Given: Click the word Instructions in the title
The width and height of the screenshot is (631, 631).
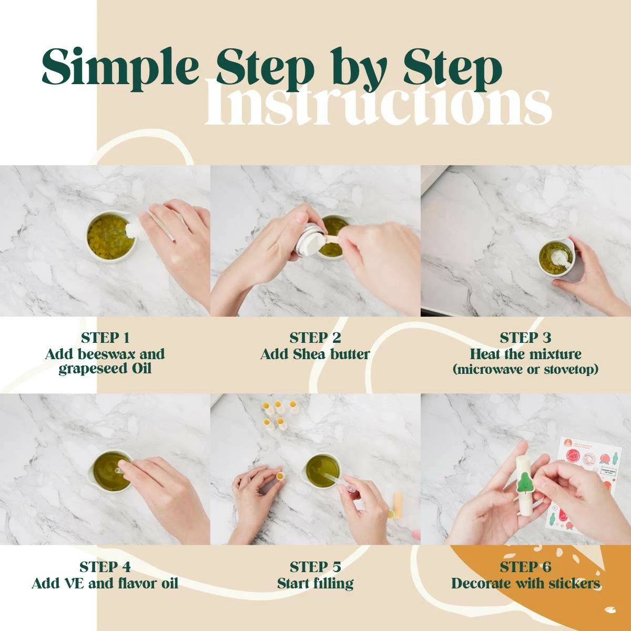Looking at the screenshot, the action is point(378,103).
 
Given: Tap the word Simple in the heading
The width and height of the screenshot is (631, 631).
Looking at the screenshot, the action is point(120,68).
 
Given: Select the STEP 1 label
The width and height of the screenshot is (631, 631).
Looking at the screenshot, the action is point(105,338).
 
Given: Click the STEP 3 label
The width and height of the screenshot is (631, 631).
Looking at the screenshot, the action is point(525,338).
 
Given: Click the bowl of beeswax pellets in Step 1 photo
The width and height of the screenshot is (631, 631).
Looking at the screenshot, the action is point(110,237).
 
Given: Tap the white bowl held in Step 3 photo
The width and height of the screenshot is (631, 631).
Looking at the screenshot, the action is point(557,257).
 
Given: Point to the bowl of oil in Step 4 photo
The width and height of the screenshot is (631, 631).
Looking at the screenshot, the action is point(109,472).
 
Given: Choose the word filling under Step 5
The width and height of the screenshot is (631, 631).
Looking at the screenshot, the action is point(332,583).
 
